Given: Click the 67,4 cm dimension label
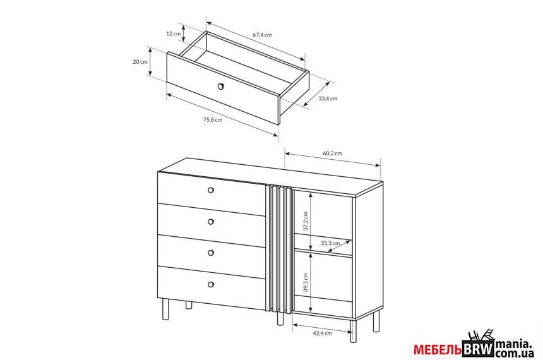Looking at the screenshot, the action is (x=262, y=35).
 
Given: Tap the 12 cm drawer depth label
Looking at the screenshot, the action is (x=174, y=33).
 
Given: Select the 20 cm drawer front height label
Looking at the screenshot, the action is (x=140, y=62).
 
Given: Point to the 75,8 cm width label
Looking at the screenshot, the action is (x=213, y=120).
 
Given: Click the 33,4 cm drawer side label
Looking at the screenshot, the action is (x=328, y=99).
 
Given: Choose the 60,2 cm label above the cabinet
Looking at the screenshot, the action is (x=332, y=153).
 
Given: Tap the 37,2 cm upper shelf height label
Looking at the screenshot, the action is (x=305, y=222).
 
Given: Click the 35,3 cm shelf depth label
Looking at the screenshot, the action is (x=330, y=243).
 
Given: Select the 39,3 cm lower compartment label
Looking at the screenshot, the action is (x=305, y=282).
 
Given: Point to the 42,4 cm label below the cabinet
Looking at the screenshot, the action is (x=322, y=333).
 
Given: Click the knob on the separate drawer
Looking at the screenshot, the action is (x=220, y=87).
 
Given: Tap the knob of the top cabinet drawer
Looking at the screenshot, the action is (x=210, y=190).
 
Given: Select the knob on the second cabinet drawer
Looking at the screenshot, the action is (x=210, y=222).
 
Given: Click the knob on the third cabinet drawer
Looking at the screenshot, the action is (x=210, y=253).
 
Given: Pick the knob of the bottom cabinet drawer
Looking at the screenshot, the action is (x=210, y=284).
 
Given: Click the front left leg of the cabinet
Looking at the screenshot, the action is (x=165, y=309).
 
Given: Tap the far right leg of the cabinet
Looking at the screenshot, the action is (x=376, y=320).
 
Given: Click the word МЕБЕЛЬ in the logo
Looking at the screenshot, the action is (x=438, y=350).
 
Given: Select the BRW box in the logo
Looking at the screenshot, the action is (x=478, y=349).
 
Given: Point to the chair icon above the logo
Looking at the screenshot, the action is (x=480, y=335).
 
